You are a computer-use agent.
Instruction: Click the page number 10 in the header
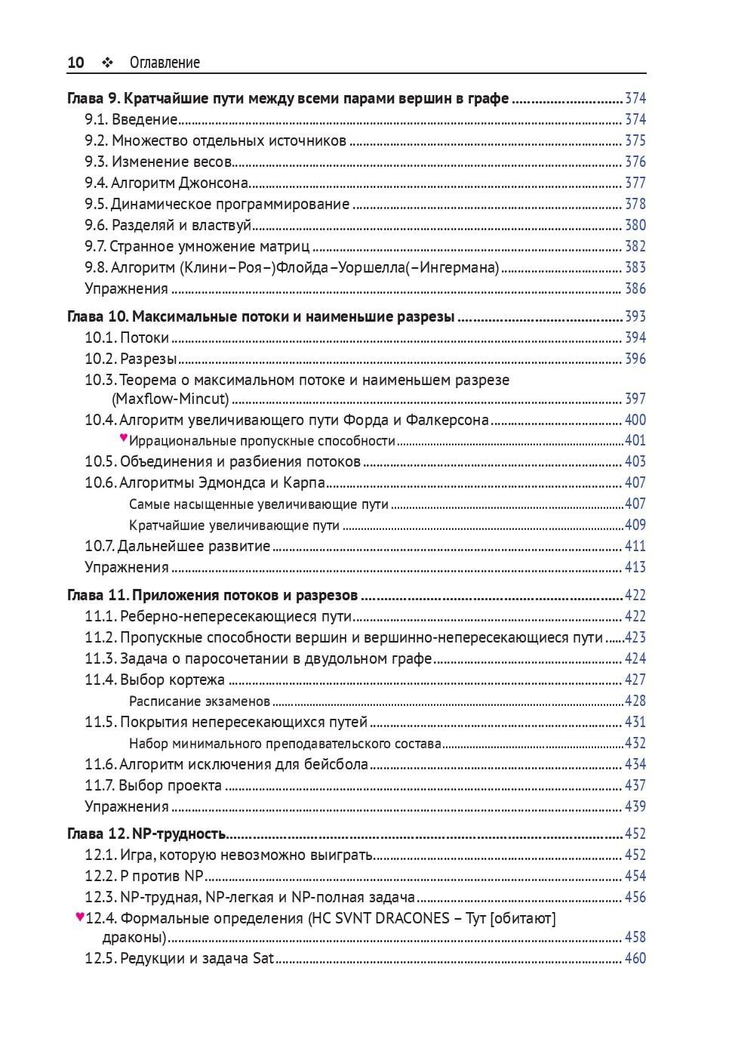[75, 63]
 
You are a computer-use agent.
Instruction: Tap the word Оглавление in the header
[165, 63]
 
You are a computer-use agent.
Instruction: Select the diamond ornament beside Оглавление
[106, 63]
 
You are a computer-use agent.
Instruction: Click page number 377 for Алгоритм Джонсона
[635, 183]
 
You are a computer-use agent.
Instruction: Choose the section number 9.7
[96, 246]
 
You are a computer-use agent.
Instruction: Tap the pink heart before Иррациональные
[124, 438]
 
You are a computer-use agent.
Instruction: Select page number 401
[635, 441]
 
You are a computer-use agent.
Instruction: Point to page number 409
[635, 525]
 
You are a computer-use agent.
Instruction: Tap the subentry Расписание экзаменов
[199, 701]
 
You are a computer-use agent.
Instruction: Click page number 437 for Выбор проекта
[635, 785]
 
